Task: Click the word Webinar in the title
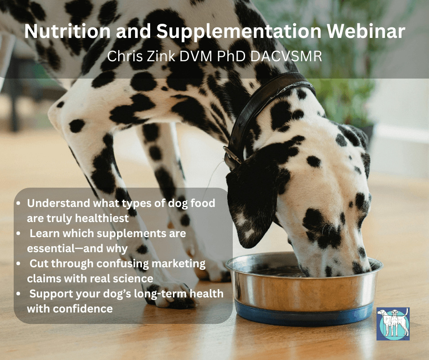click(x=366, y=31)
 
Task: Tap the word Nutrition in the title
click(x=67, y=31)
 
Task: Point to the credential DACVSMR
click(x=286, y=56)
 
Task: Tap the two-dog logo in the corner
click(x=393, y=324)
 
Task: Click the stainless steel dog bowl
click(x=303, y=288)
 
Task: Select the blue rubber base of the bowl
click(x=303, y=315)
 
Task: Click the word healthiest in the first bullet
click(x=102, y=218)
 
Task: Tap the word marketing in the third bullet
click(x=178, y=264)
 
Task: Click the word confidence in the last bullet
click(x=83, y=309)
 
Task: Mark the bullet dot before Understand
click(x=19, y=203)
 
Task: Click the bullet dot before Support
click(x=19, y=294)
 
